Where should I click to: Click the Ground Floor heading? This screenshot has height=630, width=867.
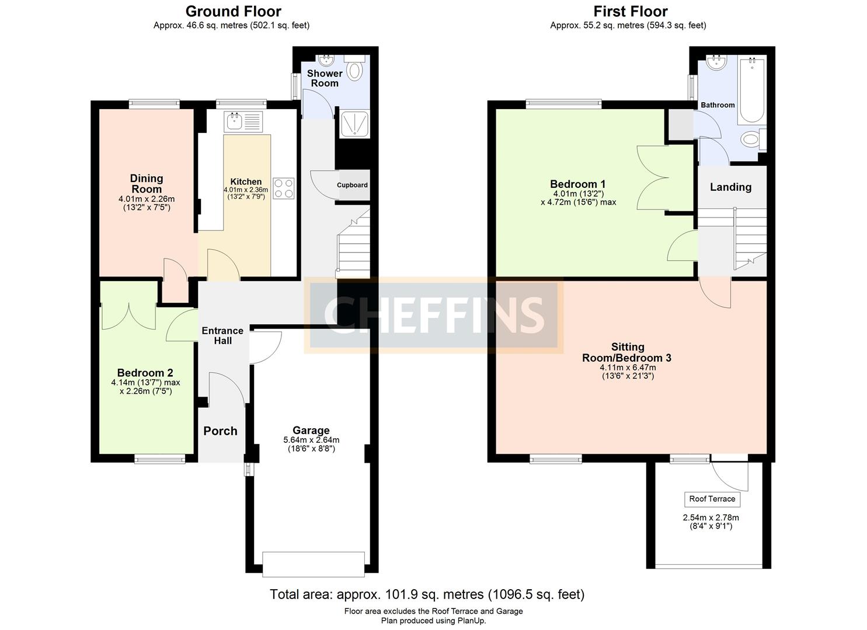233,12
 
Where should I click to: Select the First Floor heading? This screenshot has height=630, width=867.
630,12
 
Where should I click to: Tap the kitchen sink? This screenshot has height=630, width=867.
235,122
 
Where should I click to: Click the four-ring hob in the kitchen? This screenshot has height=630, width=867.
284,188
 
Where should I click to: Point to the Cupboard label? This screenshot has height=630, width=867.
352,185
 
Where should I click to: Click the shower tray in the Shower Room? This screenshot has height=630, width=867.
354,124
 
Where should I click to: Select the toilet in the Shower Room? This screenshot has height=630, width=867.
354,70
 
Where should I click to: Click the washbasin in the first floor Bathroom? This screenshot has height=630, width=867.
716,62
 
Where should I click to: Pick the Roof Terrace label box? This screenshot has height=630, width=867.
712,499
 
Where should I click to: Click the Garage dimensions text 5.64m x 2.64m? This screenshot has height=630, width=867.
311,440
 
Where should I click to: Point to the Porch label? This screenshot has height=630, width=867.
220,431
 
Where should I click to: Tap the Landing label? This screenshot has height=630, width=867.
730,187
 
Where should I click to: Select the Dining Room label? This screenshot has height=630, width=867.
147,184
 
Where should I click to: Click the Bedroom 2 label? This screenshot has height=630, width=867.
145,373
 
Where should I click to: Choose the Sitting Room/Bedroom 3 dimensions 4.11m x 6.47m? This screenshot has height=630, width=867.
628,367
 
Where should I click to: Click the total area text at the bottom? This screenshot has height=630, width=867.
427,594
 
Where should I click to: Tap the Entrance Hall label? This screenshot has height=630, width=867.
222,335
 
